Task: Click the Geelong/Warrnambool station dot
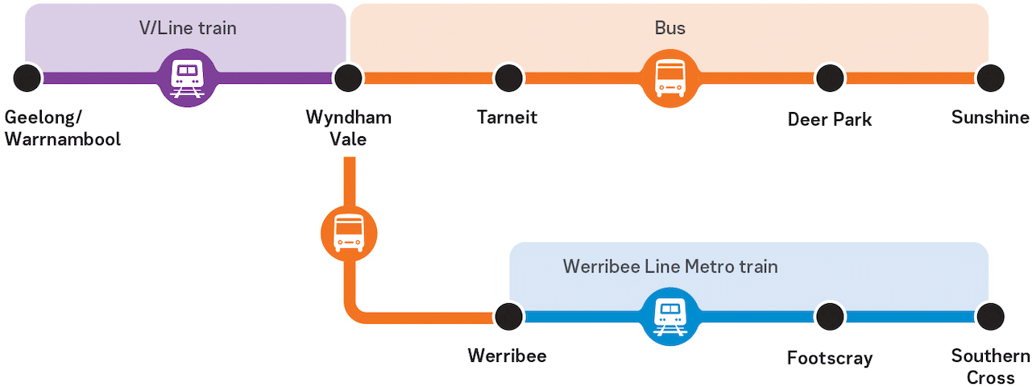pos(27,77)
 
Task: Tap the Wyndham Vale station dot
pos(348,77)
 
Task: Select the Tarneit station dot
pos(508,77)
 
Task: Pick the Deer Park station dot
pos(830,77)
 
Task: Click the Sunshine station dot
pos(990,77)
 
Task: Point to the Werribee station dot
pos(508,316)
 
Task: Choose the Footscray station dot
pos(830,316)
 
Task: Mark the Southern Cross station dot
pos(990,316)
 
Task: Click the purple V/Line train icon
pos(188,77)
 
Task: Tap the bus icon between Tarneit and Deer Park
pos(670,77)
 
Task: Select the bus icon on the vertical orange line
pos(349,234)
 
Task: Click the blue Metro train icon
pos(670,316)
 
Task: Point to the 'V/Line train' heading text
pos(188,28)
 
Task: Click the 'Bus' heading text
pos(669,28)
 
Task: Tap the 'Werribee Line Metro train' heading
pos(670,266)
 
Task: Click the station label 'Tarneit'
pos(507,118)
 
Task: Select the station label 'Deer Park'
pos(830,120)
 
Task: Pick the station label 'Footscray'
pos(830,358)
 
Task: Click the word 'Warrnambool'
pos(63,139)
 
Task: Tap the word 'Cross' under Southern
pos(991,377)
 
